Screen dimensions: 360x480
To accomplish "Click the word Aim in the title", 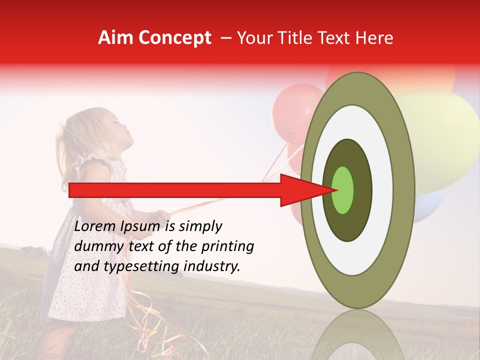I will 116,38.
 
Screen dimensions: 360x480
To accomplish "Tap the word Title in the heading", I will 300,38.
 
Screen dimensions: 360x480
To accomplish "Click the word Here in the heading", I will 374,38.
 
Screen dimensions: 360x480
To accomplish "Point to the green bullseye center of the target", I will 343,190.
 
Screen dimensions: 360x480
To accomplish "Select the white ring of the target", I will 382,190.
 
